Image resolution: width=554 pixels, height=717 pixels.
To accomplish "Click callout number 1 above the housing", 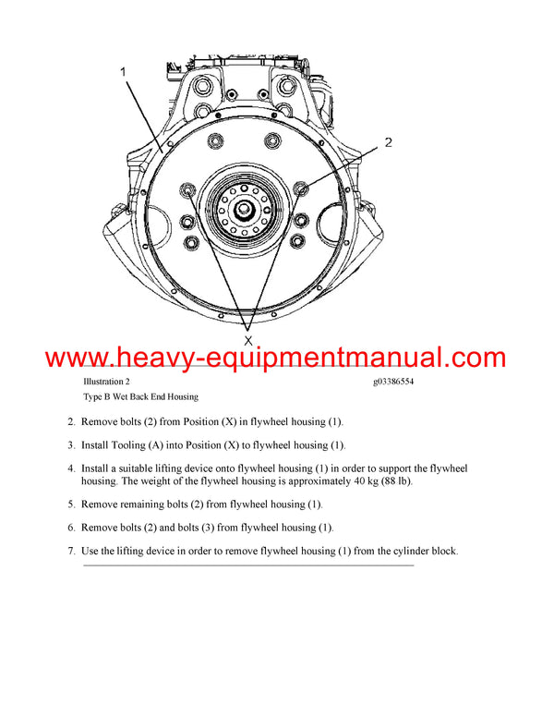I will click(x=123, y=70).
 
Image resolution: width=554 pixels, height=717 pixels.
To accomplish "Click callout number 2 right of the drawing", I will click(x=388, y=142).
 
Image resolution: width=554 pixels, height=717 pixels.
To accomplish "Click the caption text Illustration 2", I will click(x=106, y=381).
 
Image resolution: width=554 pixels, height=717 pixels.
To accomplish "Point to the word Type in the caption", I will click(x=93, y=396).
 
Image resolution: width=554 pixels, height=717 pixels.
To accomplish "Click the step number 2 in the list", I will click(x=70, y=422).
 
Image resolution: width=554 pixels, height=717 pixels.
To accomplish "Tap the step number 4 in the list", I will click(x=70, y=469).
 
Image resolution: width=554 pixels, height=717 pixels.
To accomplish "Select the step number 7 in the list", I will click(x=70, y=552).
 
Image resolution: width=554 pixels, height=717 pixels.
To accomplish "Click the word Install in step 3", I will click(x=96, y=445).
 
